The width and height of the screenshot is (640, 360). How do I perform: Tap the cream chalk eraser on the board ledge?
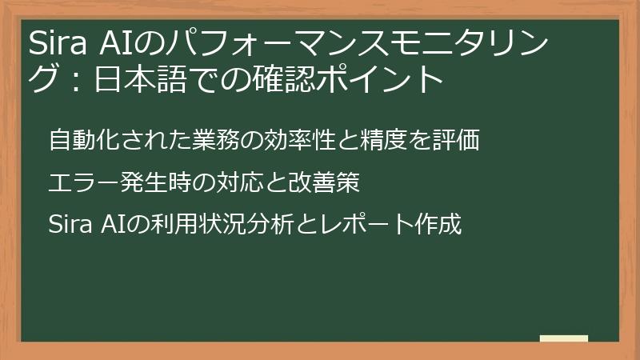[x=564, y=338]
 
